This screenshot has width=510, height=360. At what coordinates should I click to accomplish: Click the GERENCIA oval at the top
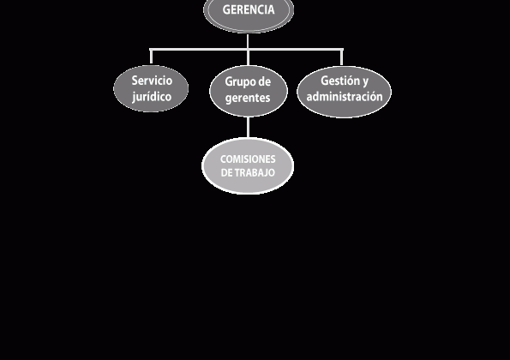coord(249,14)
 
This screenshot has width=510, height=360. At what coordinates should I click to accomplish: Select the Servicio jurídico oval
coord(151,88)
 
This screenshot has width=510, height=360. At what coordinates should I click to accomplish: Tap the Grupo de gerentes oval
coord(249,91)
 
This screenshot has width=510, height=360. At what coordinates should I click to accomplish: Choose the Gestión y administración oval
coord(344,92)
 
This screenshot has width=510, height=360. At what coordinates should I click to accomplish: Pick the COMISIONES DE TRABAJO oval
coord(248,165)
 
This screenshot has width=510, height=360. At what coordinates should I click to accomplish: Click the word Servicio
coord(152,81)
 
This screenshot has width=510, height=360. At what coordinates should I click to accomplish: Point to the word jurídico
coord(152,97)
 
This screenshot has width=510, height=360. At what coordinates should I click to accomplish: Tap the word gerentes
coord(248,98)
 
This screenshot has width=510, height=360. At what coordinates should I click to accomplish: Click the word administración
coord(345,96)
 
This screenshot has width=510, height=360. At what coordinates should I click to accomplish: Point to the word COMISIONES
coord(248,159)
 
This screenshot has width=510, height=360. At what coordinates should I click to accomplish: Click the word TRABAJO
coord(255,172)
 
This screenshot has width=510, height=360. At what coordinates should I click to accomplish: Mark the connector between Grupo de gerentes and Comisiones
coord(249,127)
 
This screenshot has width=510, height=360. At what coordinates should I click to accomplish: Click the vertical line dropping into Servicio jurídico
coord(151,57)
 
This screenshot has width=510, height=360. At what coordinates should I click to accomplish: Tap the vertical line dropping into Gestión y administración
coord(341,57)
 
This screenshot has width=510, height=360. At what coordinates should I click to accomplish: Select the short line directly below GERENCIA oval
coord(249,41)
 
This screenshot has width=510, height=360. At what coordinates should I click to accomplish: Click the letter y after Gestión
coord(365,81)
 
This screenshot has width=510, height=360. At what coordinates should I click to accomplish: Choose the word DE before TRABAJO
coord(226,172)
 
